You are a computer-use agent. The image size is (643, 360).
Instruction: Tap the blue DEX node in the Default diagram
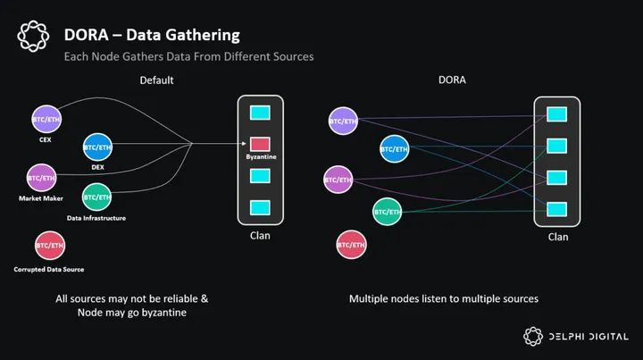(x=97, y=146)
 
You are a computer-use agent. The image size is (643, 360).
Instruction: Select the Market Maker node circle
(x=41, y=177)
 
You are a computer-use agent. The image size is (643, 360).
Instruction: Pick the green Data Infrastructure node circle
(x=96, y=196)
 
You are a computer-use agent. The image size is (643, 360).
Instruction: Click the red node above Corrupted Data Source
(x=49, y=244)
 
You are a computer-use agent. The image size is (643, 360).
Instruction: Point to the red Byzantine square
(x=260, y=143)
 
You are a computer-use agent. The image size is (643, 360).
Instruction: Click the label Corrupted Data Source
(x=49, y=269)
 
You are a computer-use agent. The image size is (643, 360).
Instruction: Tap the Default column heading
(x=156, y=80)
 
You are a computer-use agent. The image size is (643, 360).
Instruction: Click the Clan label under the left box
(x=260, y=237)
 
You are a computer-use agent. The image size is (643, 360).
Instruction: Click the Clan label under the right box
(x=557, y=237)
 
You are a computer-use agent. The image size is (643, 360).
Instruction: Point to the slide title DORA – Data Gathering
(x=152, y=36)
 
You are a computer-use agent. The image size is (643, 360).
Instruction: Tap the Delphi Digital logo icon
(x=533, y=336)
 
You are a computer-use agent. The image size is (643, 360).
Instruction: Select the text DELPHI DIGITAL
(x=590, y=336)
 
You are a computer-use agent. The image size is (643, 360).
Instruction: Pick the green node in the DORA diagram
(x=388, y=212)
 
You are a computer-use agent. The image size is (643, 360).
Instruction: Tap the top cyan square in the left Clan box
(x=260, y=113)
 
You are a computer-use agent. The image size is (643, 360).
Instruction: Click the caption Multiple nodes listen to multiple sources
(x=443, y=298)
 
